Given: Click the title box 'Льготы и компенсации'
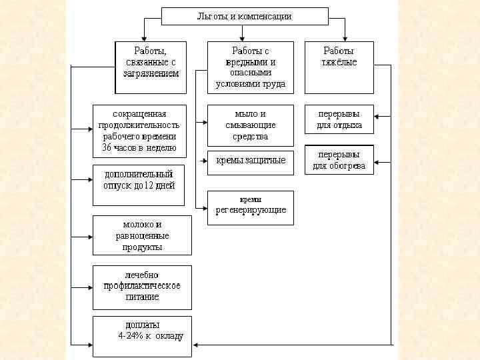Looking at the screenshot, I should pos(245,16).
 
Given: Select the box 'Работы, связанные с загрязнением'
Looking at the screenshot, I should pos(151,67).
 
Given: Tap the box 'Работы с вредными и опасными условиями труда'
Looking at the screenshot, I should pos(250,67).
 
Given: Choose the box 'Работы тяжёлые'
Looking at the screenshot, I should pos(339,67).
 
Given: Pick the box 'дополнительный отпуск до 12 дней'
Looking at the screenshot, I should pos(139,185).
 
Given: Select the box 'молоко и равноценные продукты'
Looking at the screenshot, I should pos(141,235).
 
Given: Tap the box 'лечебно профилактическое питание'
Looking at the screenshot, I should pos(141,287).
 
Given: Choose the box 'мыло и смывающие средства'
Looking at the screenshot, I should pos(250,125).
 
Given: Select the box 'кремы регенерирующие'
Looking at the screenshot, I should pos(250,207).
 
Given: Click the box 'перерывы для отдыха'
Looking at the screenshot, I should pos(339,119).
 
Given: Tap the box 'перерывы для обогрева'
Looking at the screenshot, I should pos(339,160).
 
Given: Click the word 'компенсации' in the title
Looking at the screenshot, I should pos(264,16).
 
